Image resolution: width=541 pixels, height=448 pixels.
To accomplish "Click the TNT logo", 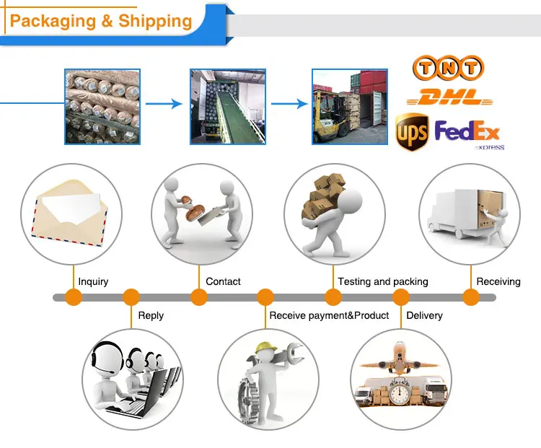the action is (448, 67).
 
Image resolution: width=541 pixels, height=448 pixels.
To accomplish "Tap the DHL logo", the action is (449, 97).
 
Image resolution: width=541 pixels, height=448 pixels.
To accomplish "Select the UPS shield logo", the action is (412, 132).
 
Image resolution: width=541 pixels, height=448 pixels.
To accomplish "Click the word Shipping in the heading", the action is (155, 21).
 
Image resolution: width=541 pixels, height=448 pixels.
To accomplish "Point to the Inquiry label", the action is (93, 281).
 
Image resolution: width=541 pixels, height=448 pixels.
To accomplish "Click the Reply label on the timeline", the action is (151, 315).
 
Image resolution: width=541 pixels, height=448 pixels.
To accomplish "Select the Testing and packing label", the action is (383, 281).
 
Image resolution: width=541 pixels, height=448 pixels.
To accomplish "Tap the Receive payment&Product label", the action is (329, 315).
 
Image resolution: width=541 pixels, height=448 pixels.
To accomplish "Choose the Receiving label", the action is (498, 281).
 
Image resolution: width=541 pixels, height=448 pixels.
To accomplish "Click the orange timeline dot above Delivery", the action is (401, 297).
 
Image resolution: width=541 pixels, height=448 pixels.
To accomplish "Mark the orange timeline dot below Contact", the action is (199, 297).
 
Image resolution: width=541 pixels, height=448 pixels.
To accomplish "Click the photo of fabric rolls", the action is (102, 107).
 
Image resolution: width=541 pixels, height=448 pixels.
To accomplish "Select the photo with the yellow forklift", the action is (350, 107).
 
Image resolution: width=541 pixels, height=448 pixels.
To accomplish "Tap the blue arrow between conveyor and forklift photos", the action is (289, 104).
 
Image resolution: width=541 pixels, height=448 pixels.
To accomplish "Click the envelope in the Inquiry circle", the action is (69, 213).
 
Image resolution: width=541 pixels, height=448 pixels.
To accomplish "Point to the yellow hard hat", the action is (265, 347).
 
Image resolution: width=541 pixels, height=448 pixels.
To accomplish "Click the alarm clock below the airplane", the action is (400, 392).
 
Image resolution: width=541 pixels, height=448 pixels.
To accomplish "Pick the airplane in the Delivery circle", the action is (400, 359).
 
